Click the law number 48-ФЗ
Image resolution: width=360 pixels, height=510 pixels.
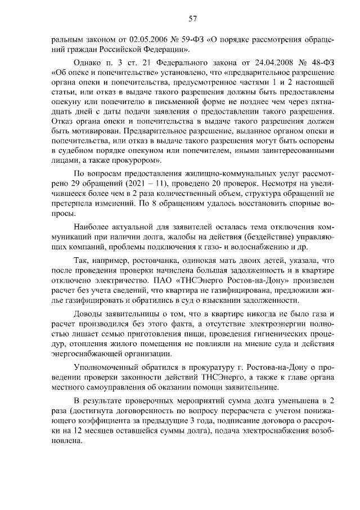tap(322, 62)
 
